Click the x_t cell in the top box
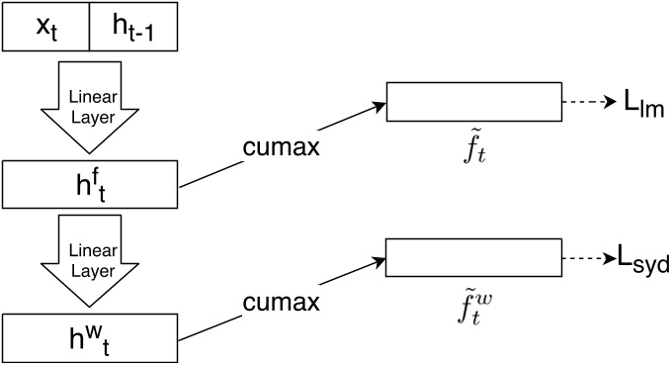tap(45, 27)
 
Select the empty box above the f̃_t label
tap(473, 101)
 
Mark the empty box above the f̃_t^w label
tap(473, 258)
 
